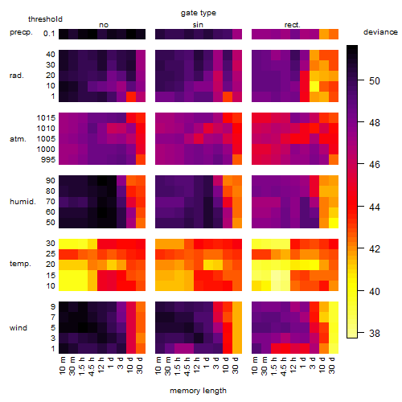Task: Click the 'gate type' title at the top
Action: coord(199,13)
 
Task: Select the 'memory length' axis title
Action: coord(198,391)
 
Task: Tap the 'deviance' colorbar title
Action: coord(380,32)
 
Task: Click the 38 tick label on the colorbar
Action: coord(375,333)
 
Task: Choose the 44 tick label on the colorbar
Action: coord(375,207)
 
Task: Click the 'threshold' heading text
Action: coord(45,19)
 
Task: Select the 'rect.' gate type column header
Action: coord(293,25)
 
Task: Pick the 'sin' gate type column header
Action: coord(198,25)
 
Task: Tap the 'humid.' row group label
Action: coord(23,202)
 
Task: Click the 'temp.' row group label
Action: coord(20,264)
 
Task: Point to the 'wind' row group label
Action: coord(18,328)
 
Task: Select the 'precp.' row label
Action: coord(21,32)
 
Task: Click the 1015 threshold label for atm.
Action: coord(46,118)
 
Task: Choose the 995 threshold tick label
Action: coord(48,160)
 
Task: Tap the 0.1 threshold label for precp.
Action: coord(49,34)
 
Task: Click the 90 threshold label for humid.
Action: coord(51,181)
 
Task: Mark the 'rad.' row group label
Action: coord(17,76)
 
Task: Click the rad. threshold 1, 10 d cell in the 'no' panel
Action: coord(131,96)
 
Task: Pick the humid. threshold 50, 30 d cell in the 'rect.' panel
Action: coord(334,223)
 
